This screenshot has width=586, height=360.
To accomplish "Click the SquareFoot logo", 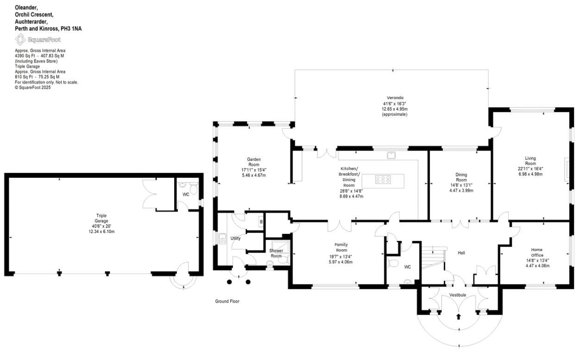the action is click(x=38, y=39).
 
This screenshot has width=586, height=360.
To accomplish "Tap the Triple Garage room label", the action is click(x=101, y=218).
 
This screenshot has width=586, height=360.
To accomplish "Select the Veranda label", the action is click(x=395, y=98).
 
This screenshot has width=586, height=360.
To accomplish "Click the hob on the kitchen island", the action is click(x=383, y=179).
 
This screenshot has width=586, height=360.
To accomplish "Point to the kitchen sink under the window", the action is click(x=391, y=155).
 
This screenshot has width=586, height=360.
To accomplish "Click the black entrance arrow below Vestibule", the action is click(x=458, y=316).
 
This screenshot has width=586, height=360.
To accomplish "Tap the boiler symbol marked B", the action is click(x=261, y=222).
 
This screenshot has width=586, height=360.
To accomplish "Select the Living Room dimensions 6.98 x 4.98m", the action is click(x=530, y=174).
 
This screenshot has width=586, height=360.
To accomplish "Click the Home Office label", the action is click(x=537, y=253).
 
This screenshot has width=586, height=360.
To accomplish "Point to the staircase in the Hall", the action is click(x=433, y=258).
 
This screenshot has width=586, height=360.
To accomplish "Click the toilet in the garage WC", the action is click(x=194, y=189).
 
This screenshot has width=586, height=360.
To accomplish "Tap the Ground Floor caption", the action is click(x=227, y=302).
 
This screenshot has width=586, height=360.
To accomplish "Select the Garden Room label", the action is click(x=254, y=162).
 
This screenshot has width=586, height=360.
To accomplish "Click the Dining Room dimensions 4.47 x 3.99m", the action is click(x=461, y=191).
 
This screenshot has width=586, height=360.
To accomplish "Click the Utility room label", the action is click(x=235, y=238).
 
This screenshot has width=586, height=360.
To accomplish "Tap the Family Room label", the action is click(x=341, y=247).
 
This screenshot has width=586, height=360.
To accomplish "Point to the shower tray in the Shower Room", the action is click(x=280, y=246).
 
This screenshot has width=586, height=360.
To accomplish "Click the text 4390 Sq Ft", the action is click(x=25, y=56).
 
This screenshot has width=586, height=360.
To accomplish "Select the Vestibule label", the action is click(x=458, y=295).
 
